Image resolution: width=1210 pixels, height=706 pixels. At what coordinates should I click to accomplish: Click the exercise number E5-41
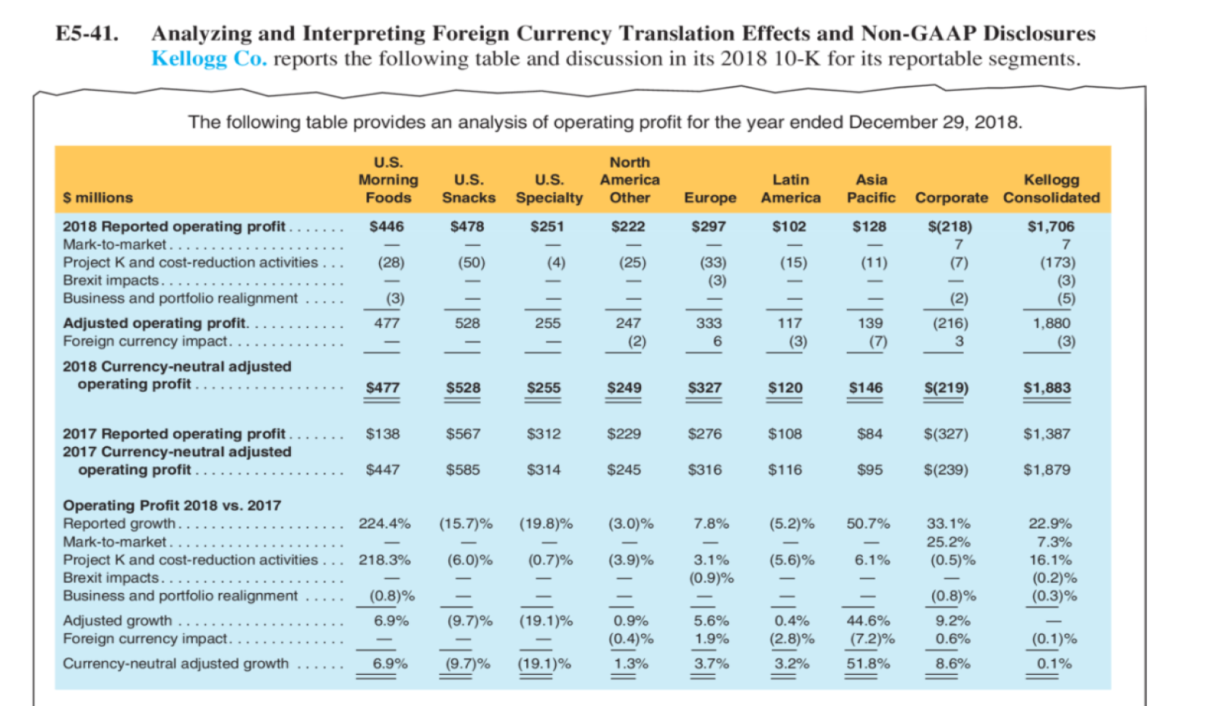pyautogui.click(x=87, y=34)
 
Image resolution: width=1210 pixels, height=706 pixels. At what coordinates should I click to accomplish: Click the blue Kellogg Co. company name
pyautogui.click(x=209, y=59)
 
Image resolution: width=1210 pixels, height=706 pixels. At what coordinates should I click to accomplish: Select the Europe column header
pyautogui.click(x=710, y=198)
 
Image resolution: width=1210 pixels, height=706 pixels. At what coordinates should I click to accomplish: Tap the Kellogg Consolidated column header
pyautogui.click(x=1051, y=189)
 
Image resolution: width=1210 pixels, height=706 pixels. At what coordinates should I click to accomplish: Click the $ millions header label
pyautogui.click(x=98, y=198)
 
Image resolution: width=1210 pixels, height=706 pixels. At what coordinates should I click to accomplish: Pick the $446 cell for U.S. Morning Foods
pyautogui.click(x=387, y=226)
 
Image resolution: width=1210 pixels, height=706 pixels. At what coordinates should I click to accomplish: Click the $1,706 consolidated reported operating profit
pyautogui.click(x=1050, y=226)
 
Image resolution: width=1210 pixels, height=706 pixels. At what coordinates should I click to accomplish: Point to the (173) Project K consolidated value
pyautogui.click(x=1057, y=263)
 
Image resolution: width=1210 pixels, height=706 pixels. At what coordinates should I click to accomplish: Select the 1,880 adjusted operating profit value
pyautogui.click(x=1051, y=323)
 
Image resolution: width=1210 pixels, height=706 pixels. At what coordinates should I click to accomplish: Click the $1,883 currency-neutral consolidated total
pyautogui.click(x=1047, y=388)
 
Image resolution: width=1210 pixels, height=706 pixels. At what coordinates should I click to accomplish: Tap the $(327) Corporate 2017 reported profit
pyautogui.click(x=946, y=434)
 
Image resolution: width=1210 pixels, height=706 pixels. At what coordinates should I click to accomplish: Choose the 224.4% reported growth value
pyautogui.click(x=384, y=524)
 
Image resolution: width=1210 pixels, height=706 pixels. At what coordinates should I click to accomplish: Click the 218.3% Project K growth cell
pyautogui.click(x=384, y=560)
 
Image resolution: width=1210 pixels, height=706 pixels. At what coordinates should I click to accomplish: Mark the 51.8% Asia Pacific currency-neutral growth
pyautogui.click(x=868, y=663)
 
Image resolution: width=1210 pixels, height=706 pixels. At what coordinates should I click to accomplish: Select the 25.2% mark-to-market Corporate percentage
pyautogui.click(x=949, y=542)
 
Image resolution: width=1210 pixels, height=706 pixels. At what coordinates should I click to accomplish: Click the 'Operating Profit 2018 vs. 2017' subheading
pyautogui.click(x=172, y=506)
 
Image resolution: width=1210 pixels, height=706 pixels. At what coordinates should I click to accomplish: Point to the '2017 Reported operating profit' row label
pyautogui.click(x=174, y=434)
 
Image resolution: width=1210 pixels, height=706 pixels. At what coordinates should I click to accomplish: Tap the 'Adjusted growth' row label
pyautogui.click(x=118, y=621)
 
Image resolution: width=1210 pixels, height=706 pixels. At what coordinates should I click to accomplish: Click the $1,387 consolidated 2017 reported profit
pyautogui.click(x=1047, y=434)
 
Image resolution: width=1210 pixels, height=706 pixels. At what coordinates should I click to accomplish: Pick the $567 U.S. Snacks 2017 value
pyautogui.click(x=463, y=434)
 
